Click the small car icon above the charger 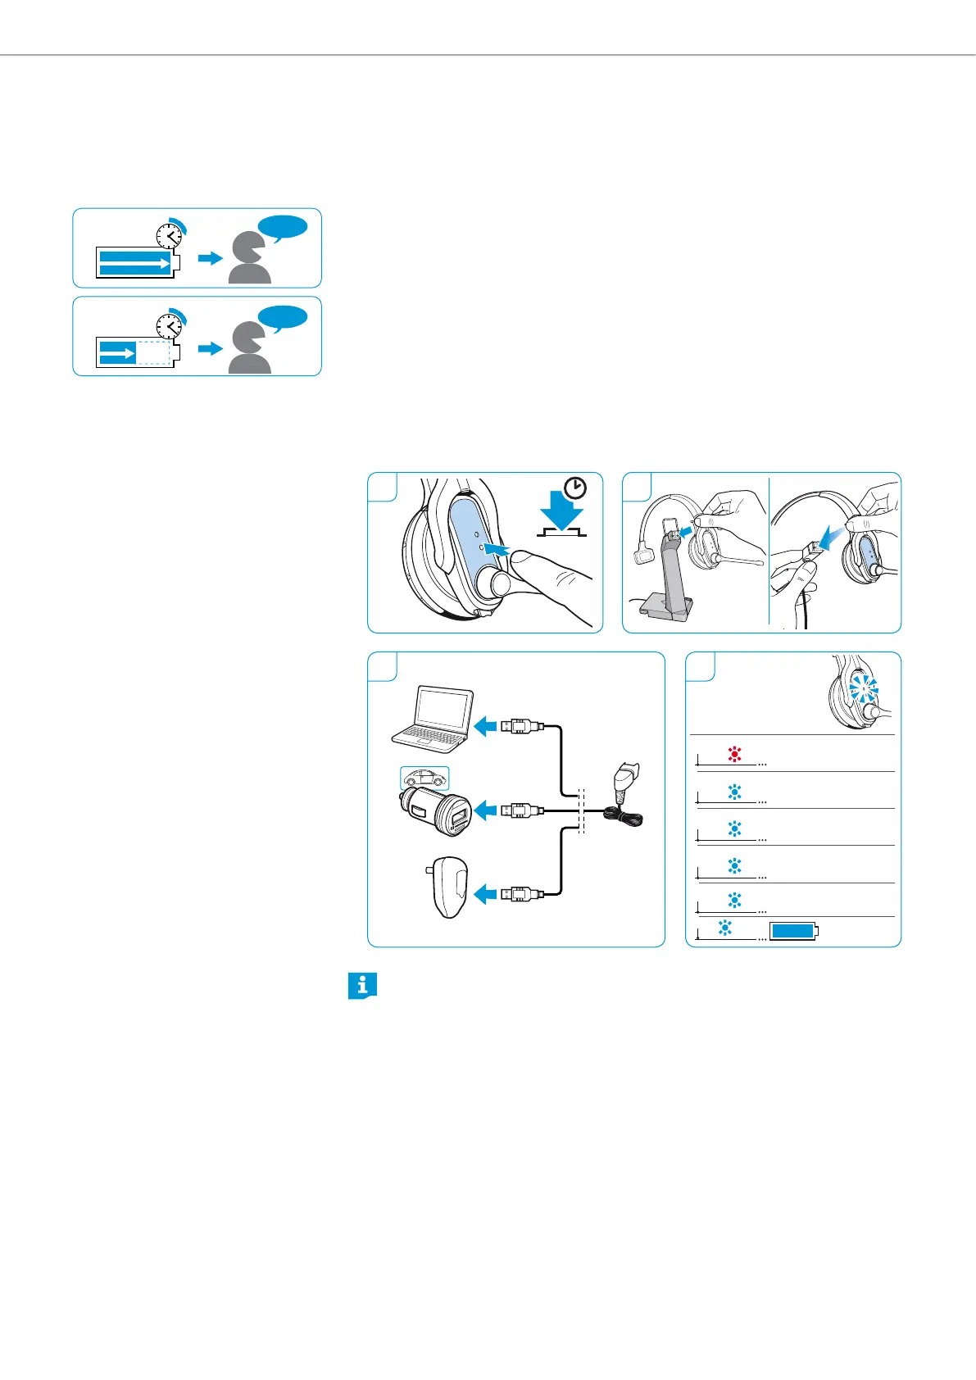[424, 778]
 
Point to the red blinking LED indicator [734, 755]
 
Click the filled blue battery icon [793, 931]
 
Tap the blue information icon [361, 986]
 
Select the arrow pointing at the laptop [486, 726]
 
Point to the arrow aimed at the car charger [486, 811]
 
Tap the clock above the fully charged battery [169, 236]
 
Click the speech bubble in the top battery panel [283, 227]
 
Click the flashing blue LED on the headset [861, 689]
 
